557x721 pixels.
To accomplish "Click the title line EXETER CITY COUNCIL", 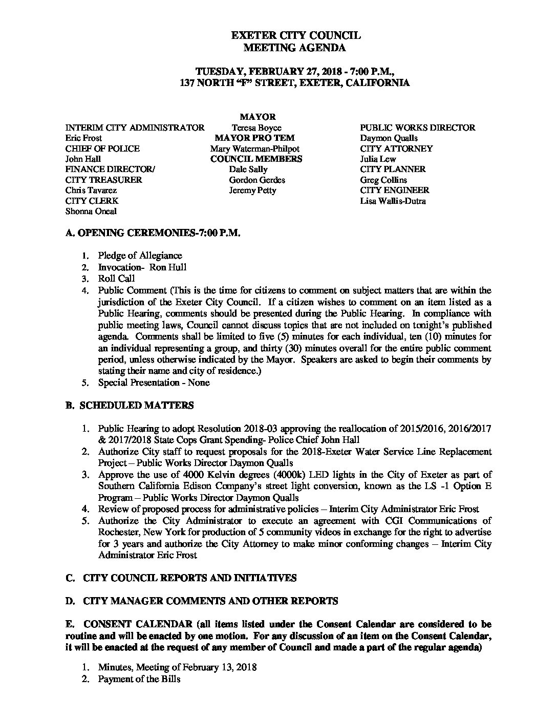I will point(296,35).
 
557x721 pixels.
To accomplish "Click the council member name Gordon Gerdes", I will point(257,180).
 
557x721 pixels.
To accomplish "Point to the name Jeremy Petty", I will point(252,190).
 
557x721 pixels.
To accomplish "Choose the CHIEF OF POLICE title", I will point(102,149).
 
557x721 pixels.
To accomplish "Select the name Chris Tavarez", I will point(91,190).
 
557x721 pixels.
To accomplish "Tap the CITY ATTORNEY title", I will point(396,149).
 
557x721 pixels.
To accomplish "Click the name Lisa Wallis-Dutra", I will point(393,201).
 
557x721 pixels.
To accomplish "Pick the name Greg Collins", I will point(383,180).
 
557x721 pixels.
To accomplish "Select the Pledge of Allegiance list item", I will point(140,255).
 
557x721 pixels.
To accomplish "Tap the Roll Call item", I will point(117,279).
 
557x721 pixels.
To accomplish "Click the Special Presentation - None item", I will point(154,383).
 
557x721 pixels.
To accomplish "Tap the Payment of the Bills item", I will point(139,679).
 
